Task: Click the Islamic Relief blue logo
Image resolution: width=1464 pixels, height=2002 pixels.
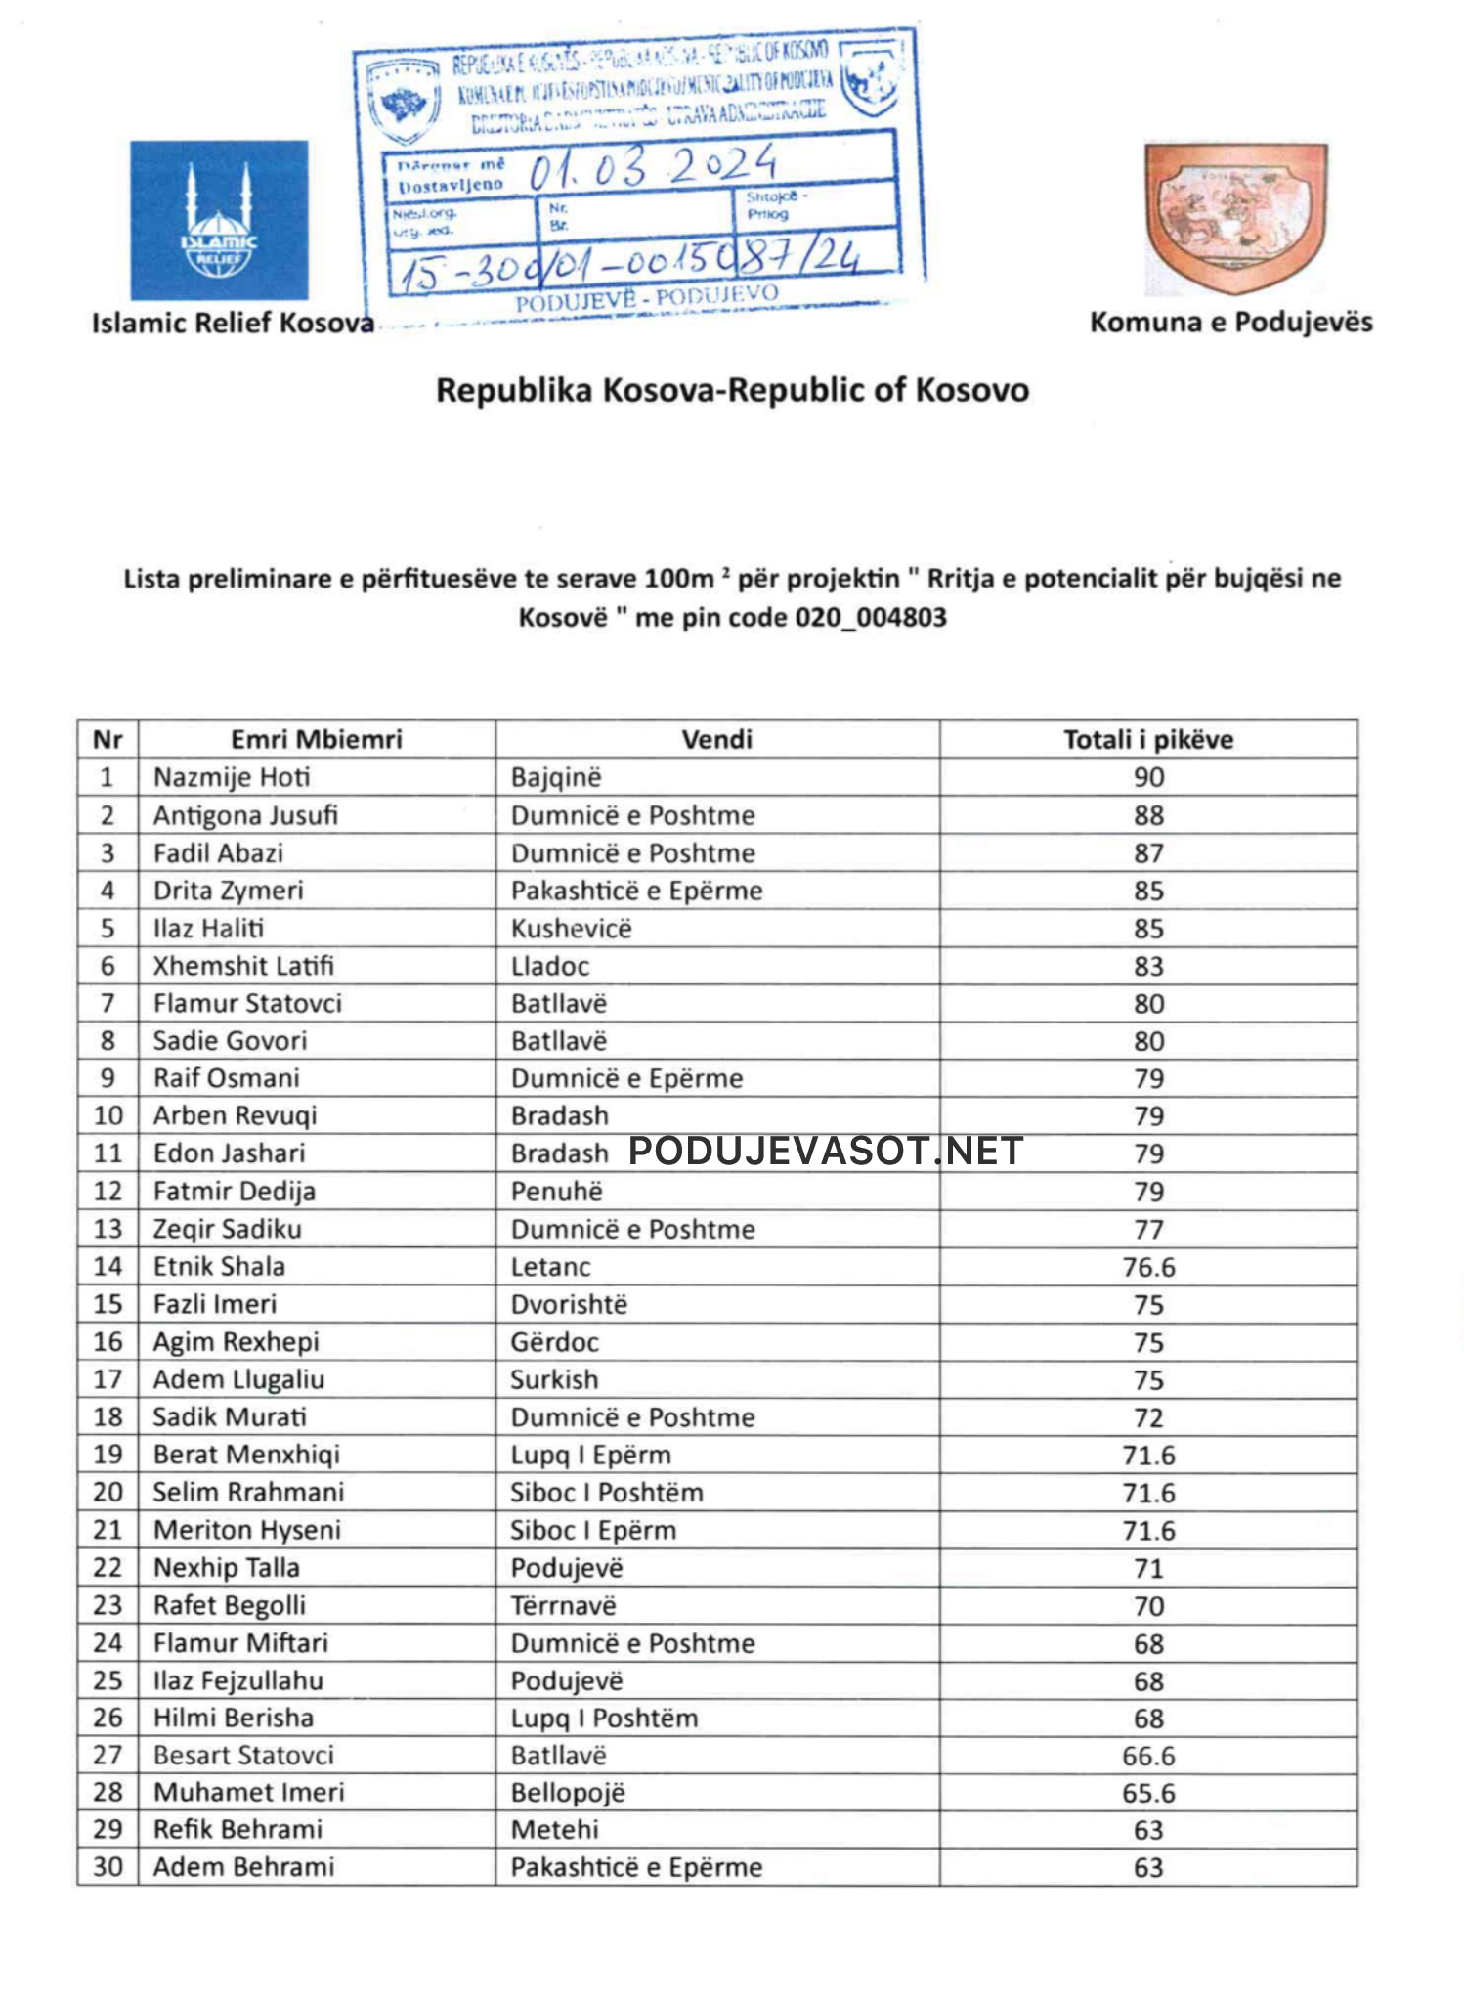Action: (x=219, y=220)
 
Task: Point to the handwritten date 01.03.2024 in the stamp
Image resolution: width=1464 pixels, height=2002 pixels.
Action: (x=652, y=167)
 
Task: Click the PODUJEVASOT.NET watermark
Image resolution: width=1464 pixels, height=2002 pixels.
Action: (x=825, y=1152)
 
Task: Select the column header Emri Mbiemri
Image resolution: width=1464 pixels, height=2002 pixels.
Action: (x=316, y=739)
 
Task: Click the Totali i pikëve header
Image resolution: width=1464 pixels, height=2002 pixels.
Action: (x=1147, y=739)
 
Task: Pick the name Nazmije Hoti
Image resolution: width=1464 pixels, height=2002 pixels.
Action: (x=232, y=777)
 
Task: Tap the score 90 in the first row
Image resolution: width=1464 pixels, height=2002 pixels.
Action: (x=1148, y=777)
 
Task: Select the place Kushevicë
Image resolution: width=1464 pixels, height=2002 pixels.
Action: (x=571, y=928)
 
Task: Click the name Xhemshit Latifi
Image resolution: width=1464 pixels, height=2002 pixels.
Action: (x=243, y=966)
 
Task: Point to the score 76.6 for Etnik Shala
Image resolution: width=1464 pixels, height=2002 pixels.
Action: (x=1148, y=1267)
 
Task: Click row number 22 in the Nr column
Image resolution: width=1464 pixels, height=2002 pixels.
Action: (x=108, y=1568)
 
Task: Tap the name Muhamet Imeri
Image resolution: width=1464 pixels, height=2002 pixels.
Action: (x=248, y=1792)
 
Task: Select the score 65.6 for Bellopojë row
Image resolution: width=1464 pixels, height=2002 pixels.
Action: (x=1148, y=1793)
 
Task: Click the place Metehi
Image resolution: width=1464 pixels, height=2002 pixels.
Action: (x=554, y=1829)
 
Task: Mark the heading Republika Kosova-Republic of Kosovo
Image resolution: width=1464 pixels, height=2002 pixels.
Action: (x=732, y=390)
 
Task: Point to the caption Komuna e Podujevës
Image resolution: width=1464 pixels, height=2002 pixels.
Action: (x=1230, y=322)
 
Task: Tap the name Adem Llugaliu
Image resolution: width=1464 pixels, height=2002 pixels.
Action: (x=238, y=1379)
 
